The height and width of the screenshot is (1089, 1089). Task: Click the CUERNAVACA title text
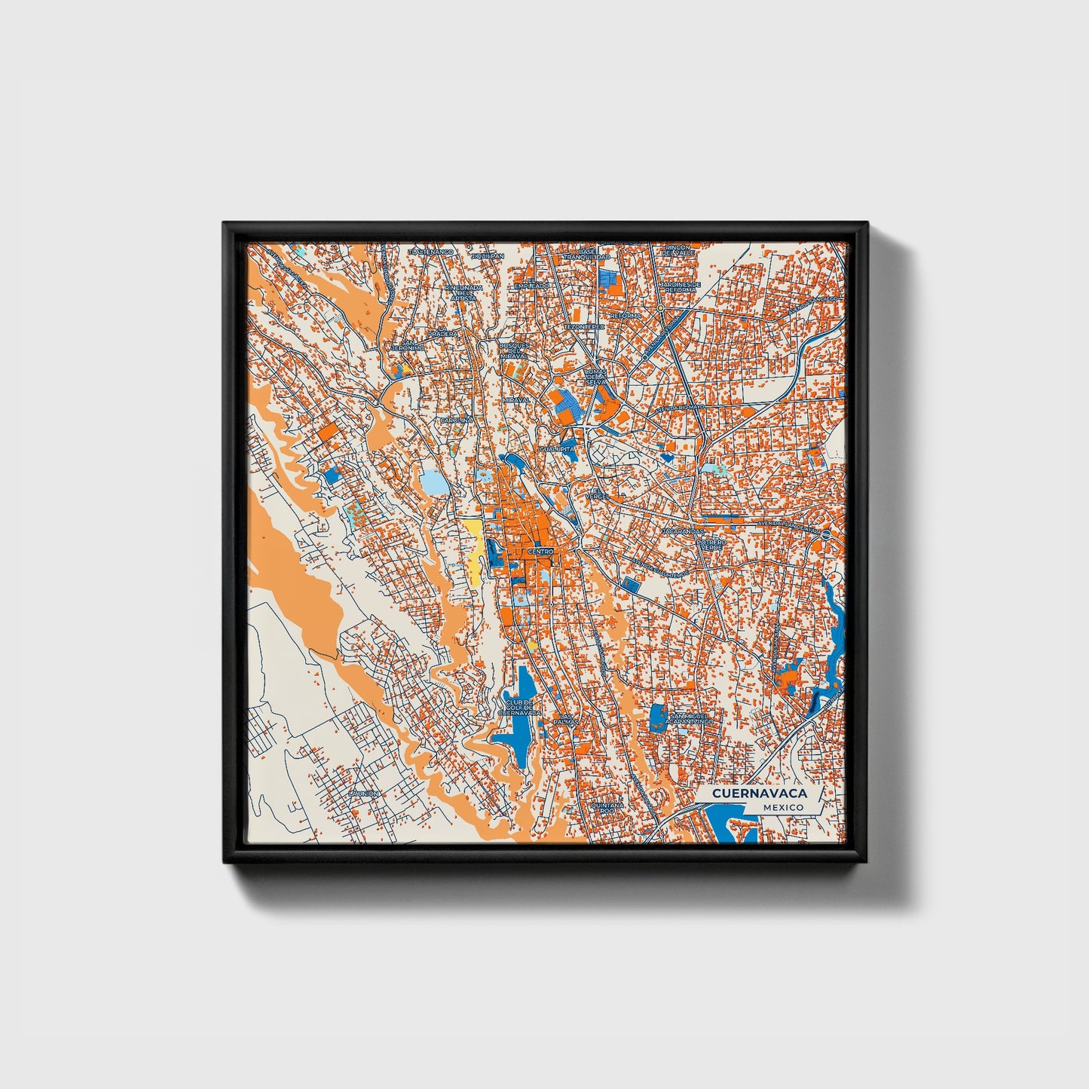pyautogui.click(x=759, y=793)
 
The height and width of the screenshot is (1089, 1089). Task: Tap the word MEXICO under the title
pyautogui.click(x=782, y=807)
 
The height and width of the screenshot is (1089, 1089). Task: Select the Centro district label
pyautogui.click(x=540, y=552)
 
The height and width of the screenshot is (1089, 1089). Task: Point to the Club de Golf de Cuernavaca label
pyautogui.click(x=519, y=707)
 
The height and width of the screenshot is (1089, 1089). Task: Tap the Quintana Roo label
pyautogui.click(x=608, y=807)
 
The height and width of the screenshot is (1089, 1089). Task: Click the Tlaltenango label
pyautogui.click(x=430, y=251)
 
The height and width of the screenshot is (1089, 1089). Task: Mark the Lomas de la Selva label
pyautogui.click(x=595, y=377)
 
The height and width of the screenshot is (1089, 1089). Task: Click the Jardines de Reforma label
pyautogui.click(x=680, y=286)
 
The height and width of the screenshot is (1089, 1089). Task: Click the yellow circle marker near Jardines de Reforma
pyautogui.click(x=660, y=308)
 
